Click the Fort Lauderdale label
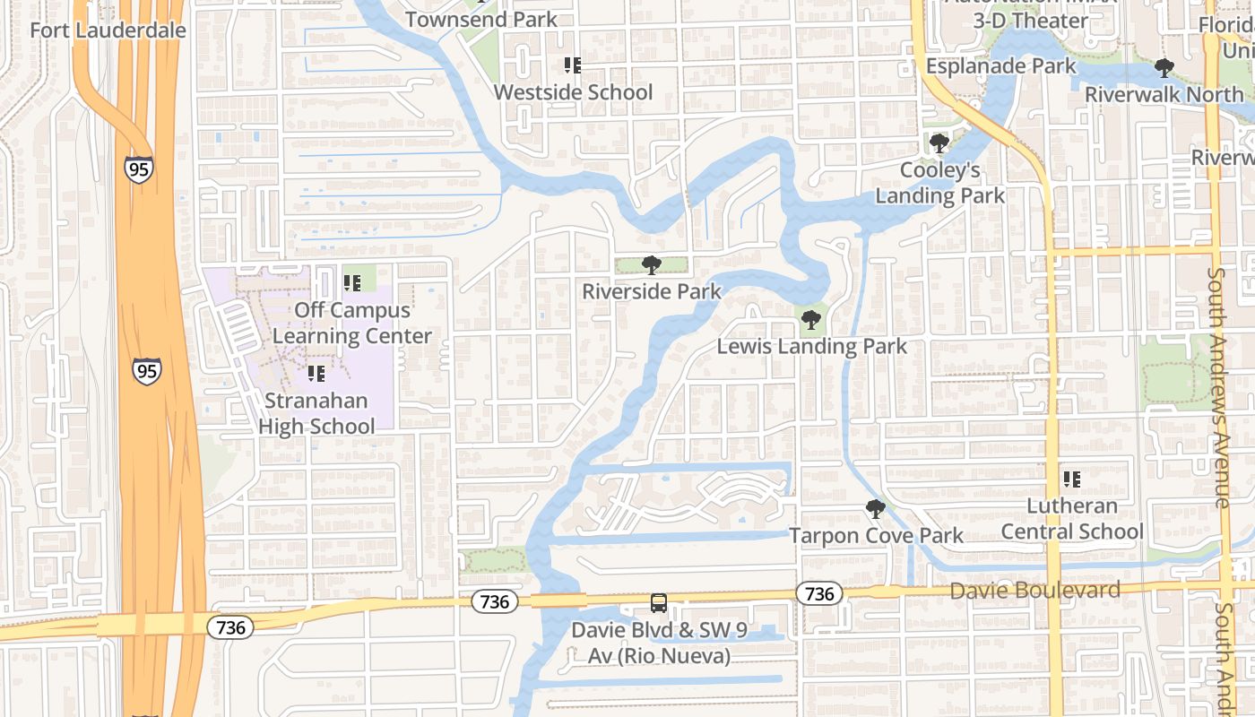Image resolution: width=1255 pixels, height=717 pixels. pos(108,30)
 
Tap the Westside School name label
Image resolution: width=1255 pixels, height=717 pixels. pos(573,92)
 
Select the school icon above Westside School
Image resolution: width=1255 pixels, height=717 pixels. pos(573,65)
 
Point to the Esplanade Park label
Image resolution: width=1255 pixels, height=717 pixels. pos(1000,66)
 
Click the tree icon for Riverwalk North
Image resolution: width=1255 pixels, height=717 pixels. pos(1164,67)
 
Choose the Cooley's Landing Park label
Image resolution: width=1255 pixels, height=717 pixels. pos(939,183)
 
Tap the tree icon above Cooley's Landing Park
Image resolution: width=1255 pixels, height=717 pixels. pos(939,143)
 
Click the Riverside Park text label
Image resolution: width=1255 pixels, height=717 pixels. pos(652,291)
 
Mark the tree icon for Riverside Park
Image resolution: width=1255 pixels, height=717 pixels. pos(652,264)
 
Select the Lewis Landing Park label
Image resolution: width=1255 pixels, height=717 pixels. pos(811,346)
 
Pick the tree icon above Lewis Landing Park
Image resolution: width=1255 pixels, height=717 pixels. pos(811,319)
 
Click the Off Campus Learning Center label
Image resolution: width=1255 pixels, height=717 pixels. pos(352,324)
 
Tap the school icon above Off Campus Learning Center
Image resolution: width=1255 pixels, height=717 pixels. pos(352,283)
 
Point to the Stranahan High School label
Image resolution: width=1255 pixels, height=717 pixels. pos(316,413)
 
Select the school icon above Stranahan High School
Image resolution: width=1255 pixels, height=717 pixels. pos(316,373)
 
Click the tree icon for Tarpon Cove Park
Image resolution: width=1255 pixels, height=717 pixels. pos(876,509)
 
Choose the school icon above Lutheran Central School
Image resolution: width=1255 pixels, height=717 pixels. pos(1072,479)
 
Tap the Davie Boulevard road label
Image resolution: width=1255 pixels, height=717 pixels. pos(1034,591)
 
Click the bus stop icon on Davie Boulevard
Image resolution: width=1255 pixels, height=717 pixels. pos(659,602)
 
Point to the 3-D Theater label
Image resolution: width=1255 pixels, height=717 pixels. pos(1030,21)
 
